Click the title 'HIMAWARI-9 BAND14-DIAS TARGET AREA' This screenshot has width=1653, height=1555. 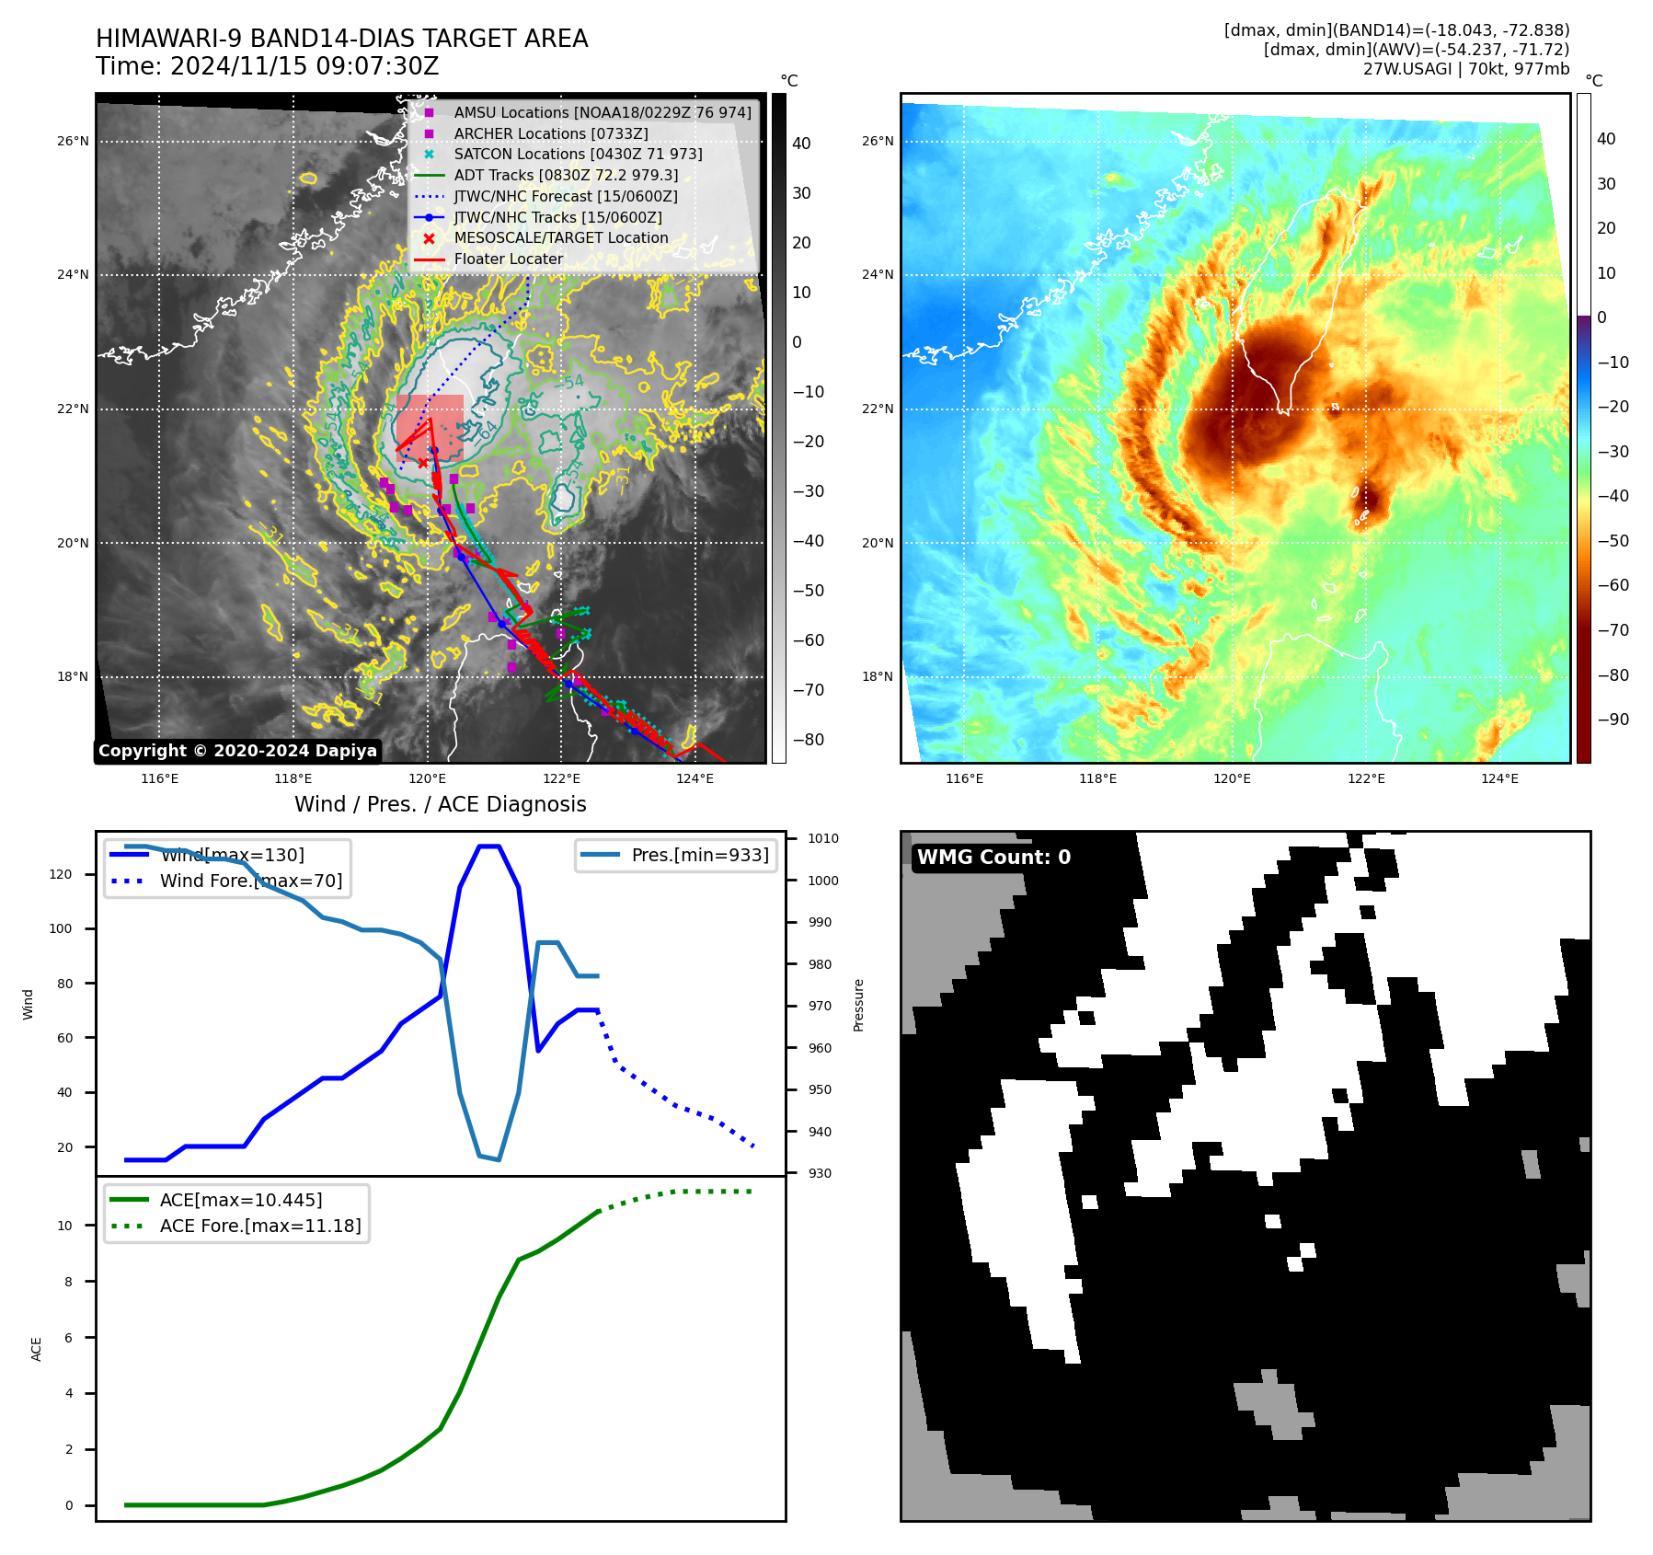point(341,39)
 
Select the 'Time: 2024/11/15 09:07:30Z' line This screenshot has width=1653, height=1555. point(267,67)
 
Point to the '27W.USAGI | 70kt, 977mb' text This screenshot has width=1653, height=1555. point(1465,69)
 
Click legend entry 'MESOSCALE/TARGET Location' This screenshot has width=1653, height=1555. point(560,237)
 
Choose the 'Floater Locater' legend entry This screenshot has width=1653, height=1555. point(508,259)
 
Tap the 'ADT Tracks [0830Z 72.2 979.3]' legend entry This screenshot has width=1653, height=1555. point(566,175)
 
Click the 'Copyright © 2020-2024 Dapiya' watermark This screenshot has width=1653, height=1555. point(237,751)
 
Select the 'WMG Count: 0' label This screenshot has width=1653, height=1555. point(993,858)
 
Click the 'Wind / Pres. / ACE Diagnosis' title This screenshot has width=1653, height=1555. point(440,804)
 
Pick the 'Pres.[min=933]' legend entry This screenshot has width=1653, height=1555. point(699,855)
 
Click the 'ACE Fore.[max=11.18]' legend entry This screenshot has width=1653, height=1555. point(260,1226)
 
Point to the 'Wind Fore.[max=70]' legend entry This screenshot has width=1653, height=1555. point(250,881)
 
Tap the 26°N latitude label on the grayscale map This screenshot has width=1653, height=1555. point(73,142)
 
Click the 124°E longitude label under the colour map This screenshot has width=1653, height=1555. point(1498,778)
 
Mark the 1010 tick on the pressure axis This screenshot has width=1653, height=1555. point(822,838)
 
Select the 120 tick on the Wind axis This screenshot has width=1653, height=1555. point(61,874)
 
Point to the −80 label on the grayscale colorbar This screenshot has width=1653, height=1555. point(808,740)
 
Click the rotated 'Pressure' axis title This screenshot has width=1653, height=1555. point(858,1005)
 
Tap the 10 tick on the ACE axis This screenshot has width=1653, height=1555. point(65,1226)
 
